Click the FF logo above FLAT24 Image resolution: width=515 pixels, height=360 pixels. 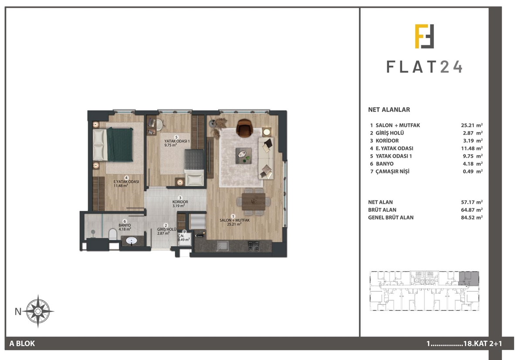(424, 36)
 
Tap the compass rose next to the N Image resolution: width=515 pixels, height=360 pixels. (38, 311)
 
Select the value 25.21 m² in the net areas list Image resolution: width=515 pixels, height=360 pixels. (471, 125)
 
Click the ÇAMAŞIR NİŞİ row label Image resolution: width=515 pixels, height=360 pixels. (393, 171)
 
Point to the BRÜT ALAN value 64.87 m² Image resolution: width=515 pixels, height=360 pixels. (471, 210)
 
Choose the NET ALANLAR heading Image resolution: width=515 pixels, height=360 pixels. (389, 110)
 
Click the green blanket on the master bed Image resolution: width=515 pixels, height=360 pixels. (120, 145)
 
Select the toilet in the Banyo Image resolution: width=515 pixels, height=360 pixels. (113, 234)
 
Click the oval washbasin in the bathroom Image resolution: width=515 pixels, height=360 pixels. (132, 241)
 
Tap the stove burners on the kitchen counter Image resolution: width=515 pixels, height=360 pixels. (254, 246)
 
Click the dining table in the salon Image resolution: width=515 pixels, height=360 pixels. (254, 201)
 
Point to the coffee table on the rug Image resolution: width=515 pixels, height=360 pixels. (244, 156)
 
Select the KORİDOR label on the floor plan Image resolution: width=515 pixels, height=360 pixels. (180, 202)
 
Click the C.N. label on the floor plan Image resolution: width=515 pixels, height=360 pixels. (181, 236)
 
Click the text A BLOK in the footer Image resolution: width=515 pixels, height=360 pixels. (22, 343)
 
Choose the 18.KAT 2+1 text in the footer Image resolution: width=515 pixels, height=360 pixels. (482, 344)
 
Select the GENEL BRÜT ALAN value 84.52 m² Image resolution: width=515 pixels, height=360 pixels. (471, 217)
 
